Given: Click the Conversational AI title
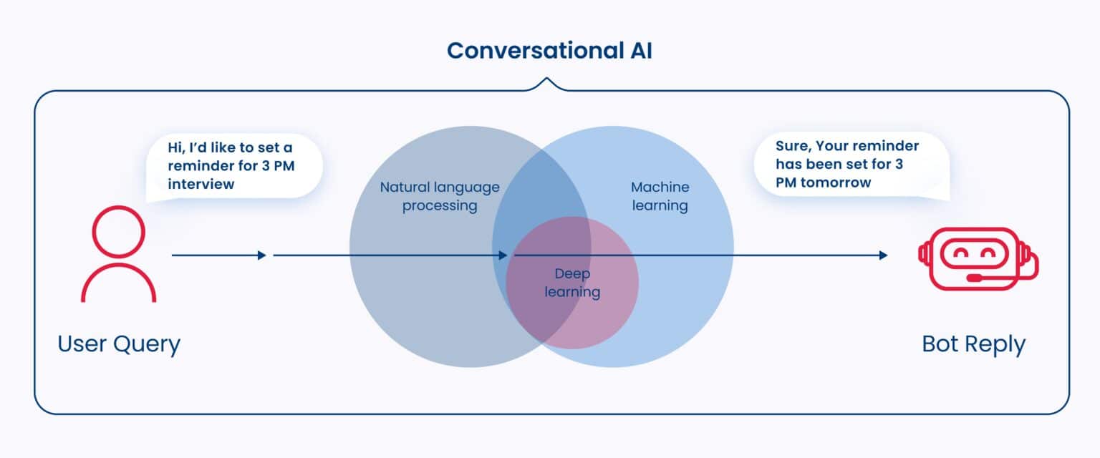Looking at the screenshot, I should (x=549, y=51).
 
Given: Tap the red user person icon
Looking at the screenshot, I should (x=118, y=253).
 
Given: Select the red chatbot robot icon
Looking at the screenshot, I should (x=978, y=255).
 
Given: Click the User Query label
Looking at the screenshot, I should (x=119, y=344).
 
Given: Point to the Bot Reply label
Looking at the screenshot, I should (x=973, y=344).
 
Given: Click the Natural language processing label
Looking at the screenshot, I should (x=440, y=197).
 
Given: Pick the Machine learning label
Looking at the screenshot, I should (x=660, y=197).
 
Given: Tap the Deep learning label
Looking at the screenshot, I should (x=572, y=283).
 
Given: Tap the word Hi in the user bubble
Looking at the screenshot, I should (x=176, y=148).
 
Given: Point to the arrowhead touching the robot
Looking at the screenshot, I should (x=883, y=255).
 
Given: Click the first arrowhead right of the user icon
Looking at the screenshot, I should (x=261, y=255).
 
